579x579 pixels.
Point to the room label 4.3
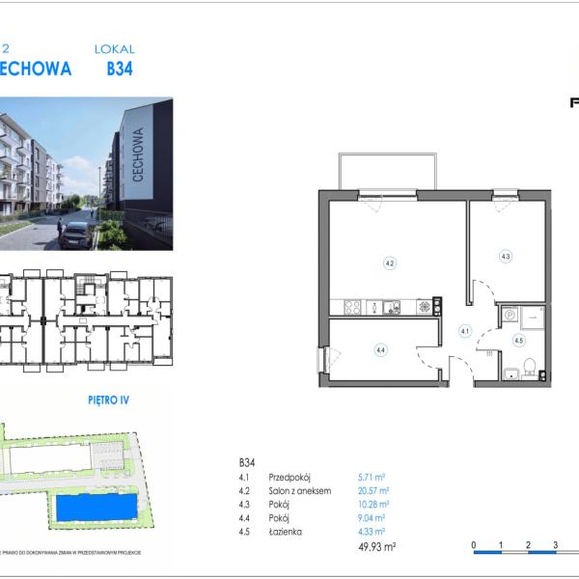click(x=505, y=256)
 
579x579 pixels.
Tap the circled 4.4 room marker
click(x=381, y=350)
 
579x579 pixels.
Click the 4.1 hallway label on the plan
click(x=464, y=331)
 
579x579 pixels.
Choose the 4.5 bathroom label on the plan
click(x=518, y=340)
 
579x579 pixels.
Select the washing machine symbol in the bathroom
click(x=510, y=314)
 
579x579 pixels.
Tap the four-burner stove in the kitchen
click(x=353, y=308)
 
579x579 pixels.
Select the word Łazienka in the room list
click(x=289, y=531)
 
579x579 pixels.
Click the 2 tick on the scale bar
click(x=528, y=545)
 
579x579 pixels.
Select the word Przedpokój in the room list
click(x=292, y=477)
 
